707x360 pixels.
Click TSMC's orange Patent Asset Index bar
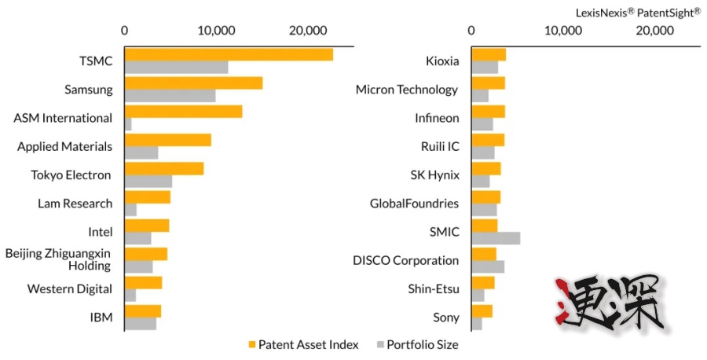click(x=229, y=54)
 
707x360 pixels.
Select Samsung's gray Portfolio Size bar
click(x=170, y=96)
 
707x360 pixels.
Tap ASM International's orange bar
click(x=183, y=112)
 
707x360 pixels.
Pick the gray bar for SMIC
click(x=496, y=238)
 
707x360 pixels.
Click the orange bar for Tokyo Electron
click(x=164, y=168)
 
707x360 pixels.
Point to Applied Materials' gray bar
click(x=141, y=152)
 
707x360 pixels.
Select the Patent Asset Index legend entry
click(x=303, y=344)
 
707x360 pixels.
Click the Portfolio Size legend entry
click(x=417, y=344)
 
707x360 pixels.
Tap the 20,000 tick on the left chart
click(x=306, y=31)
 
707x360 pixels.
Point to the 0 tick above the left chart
click(x=125, y=31)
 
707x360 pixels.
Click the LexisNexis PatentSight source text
click(x=638, y=12)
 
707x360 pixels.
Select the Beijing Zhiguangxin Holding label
click(x=58, y=259)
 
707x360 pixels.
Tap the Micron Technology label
click(x=407, y=90)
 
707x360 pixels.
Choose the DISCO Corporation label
click(x=405, y=260)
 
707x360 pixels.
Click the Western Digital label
click(x=69, y=288)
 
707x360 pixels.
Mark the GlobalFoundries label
click(x=414, y=204)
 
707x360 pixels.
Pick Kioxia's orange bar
click(x=489, y=54)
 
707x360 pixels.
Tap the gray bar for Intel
click(x=138, y=238)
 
